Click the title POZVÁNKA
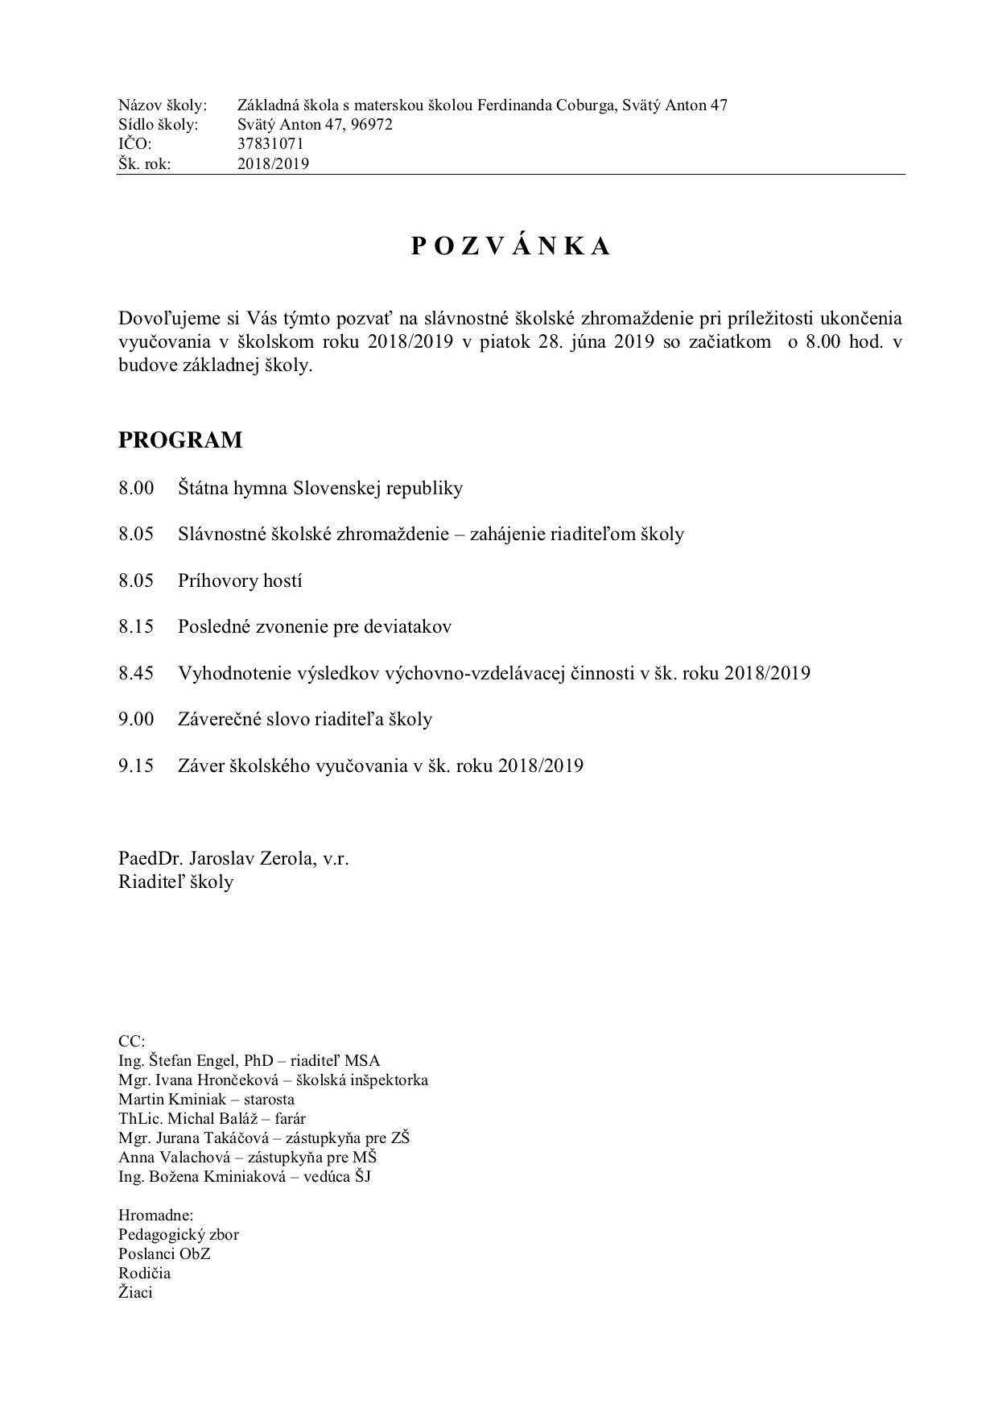pos(510,247)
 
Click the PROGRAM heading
pos(180,440)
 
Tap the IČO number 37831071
pos(270,144)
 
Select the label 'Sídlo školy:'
pos(158,125)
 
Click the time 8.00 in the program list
pos(136,488)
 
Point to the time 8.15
pos(136,626)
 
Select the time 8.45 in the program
pos(136,673)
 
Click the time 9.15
pos(136,766)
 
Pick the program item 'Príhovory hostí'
pos(240,580)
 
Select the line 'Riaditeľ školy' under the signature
pos(175,881)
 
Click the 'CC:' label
pos(131,1041)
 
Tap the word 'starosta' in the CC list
pos(268,1099)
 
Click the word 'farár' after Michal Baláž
pos(290,1118)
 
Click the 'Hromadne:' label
pos(155,1215)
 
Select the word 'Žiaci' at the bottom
pos(135,1293)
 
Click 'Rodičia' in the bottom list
pos(144,1273)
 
